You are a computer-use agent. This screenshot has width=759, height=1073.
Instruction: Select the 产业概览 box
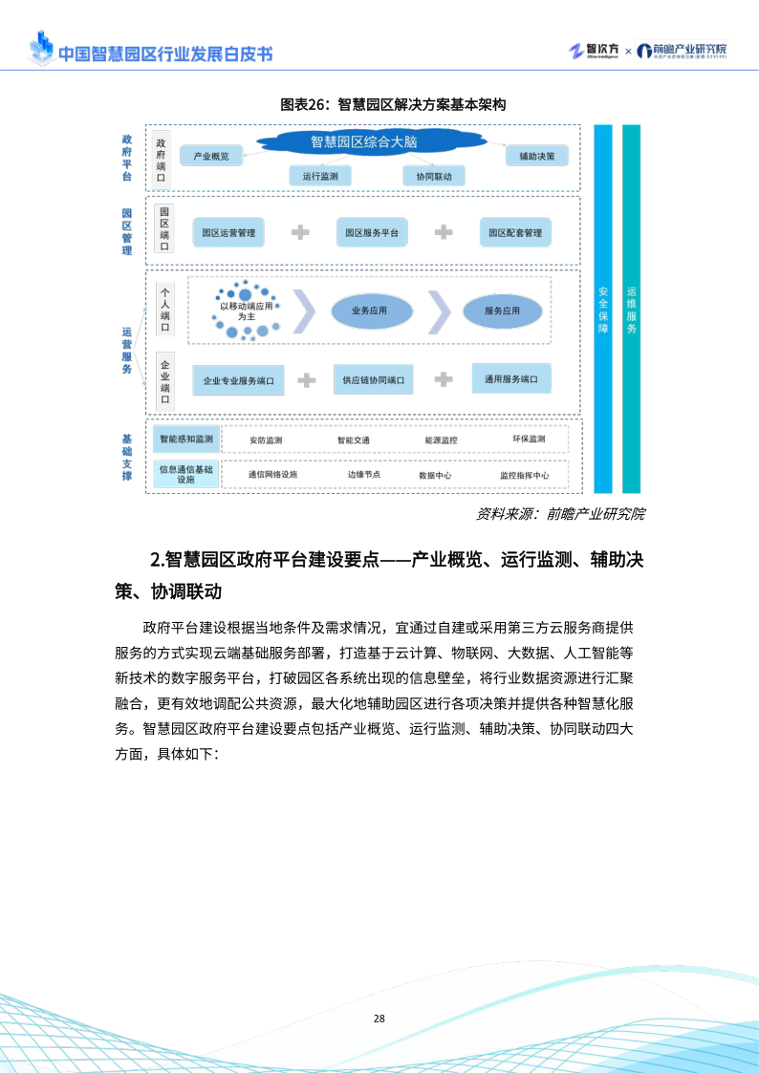click(x=211, y=156)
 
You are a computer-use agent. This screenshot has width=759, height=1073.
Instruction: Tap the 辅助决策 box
click(x=536, y=155)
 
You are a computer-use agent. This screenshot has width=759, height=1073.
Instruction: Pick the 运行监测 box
click(x=320, y=176)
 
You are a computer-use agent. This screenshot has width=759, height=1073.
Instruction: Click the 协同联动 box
click(x=434, y=176)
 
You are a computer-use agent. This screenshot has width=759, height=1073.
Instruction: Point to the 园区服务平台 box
click(x=372, y=232)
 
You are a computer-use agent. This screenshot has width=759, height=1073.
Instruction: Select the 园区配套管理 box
click(x=515, y=232)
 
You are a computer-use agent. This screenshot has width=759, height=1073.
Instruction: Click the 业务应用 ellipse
click(x=372, y=311)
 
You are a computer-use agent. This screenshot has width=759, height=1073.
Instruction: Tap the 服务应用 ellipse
click(x=502, y=311)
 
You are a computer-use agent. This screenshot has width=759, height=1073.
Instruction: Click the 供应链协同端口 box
click(x=373, y=379)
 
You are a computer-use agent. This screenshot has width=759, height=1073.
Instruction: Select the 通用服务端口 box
click(x=511, y=378)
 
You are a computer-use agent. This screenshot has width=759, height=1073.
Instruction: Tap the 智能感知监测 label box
click(x=186, y=439)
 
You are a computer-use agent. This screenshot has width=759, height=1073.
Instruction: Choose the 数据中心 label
click(x=435, y=475)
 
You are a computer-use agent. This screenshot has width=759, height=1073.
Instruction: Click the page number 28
click(x=379, y=1019)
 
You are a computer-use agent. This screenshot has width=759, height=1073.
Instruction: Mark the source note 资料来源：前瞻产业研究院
click(x=560, y=514)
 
